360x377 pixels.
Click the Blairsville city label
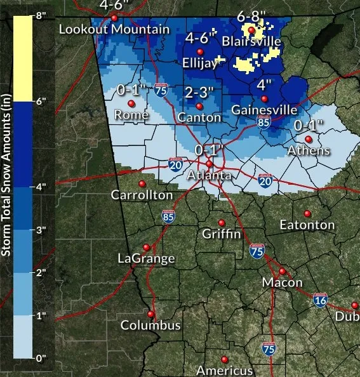click(251, 41)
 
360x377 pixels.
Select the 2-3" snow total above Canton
click(199, 93)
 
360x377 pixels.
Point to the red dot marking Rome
click(131, 103)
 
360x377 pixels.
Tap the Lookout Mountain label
click(114, 29)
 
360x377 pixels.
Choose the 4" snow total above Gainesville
click(264, 84)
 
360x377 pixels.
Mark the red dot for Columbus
click(151, 314)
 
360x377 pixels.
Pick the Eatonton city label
click(307, 225)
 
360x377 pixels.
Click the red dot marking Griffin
click(222, 222)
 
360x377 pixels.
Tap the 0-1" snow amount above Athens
click(310, 126)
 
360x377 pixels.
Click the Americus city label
click(224, 370)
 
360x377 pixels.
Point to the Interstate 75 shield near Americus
click(269, 348)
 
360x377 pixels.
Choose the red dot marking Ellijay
click(201, 51)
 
